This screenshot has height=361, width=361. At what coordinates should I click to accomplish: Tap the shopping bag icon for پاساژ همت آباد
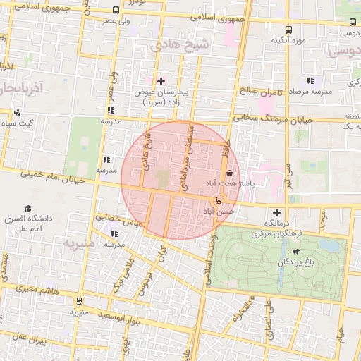[x=230, y=173]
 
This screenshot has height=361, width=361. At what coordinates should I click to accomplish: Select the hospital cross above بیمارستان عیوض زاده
[x=161, y=82]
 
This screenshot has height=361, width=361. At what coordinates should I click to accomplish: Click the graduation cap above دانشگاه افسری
[x=28, y=209]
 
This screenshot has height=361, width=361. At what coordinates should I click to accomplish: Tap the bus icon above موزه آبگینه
[x=288, y=30]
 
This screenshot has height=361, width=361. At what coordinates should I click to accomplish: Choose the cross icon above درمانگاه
[x=276, y=212]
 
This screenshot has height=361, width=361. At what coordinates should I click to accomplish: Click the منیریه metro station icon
[x=78, y=301]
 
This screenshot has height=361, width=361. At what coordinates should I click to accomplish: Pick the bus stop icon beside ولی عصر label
[x=115, y=11]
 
